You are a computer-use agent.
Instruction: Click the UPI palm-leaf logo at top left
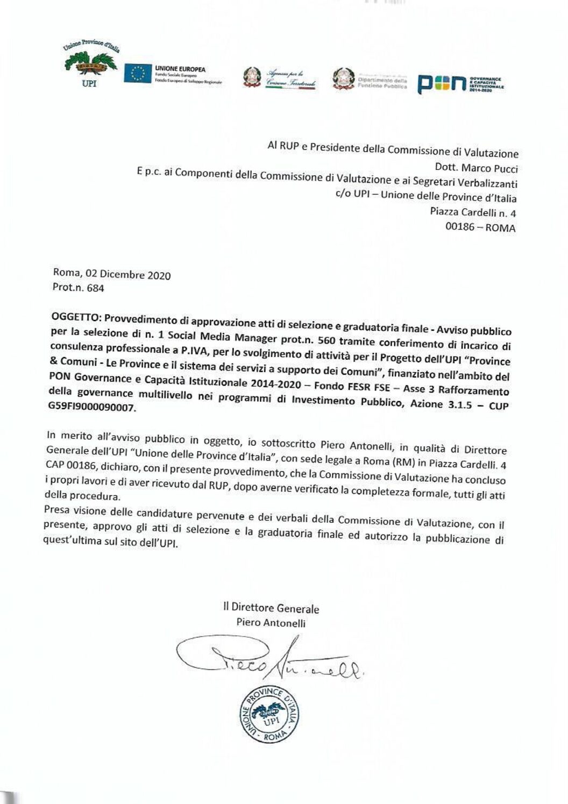pyautogui.click(x=90, y=65)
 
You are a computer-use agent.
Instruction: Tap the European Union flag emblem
pyautogui.click(x=138, y=73)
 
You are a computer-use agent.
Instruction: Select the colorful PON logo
pyautogui.click(x=442, y=84)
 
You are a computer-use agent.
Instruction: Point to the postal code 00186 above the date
pyautogui.click(x=460, y=226)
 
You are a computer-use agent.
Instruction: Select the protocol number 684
pyautogui.click(x=95, y=288)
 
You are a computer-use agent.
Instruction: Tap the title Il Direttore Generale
pyautogui.click(x=271, y=608)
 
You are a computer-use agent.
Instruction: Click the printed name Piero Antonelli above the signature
pyautogui.click(x=271, y=623)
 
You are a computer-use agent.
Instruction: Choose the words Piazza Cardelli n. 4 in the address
pyautogui.click(x=473, y=212)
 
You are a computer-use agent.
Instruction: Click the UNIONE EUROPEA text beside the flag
pyautogui.click(x=180, y=69)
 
